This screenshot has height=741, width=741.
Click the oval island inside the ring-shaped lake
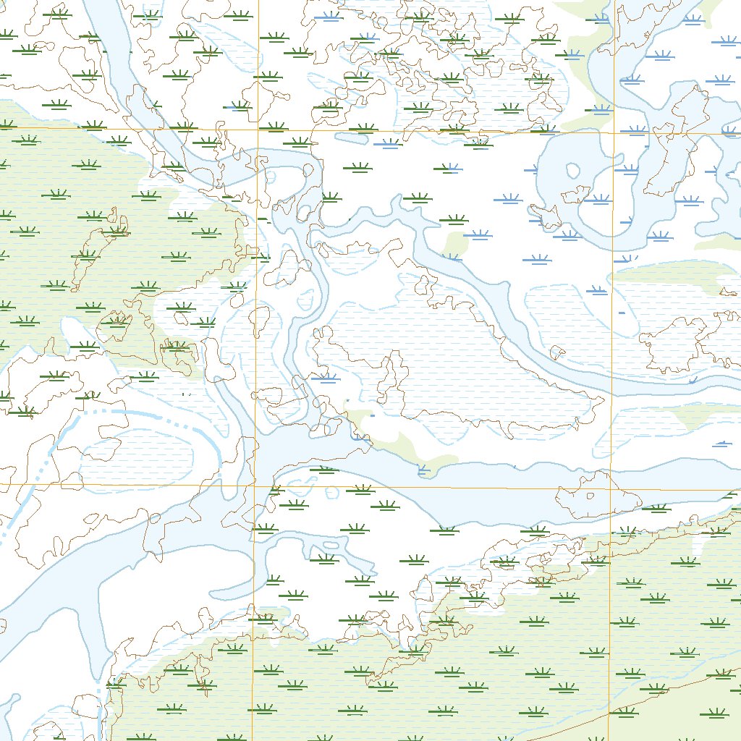click(x=573, y=172)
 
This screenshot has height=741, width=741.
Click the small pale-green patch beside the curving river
click(x=454, y=245)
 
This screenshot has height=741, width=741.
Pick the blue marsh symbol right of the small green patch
click(x=477, y=234)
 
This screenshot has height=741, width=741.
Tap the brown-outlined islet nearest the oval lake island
click(x=577, y=194)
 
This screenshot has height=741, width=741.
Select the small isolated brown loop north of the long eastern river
click(x=557, y=352)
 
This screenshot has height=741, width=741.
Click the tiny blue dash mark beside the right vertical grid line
click(x=622, y=311)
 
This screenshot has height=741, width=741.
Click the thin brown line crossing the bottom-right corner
click(x=651, y=695)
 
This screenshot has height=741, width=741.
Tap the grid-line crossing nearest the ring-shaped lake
click(x=614, y=132)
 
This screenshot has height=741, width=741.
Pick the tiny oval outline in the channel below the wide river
click(x=332, y=544)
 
